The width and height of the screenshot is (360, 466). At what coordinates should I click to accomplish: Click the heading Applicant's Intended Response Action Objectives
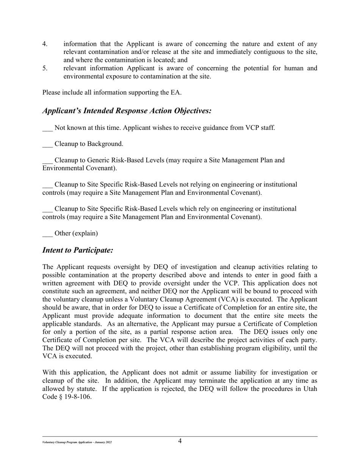(127, 111)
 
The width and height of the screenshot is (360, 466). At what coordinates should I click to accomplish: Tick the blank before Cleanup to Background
(47, 144)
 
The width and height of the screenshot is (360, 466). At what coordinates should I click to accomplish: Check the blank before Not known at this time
(47, 128)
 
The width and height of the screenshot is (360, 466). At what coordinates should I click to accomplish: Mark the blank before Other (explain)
(47, 234)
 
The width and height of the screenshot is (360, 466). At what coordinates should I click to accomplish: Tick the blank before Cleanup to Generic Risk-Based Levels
(47, 161)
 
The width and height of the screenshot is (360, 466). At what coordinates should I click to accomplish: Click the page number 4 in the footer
(180, 441)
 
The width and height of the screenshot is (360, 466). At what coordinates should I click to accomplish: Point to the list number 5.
(45, 68)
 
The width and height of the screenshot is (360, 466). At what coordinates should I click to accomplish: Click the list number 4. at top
(45, 44)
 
